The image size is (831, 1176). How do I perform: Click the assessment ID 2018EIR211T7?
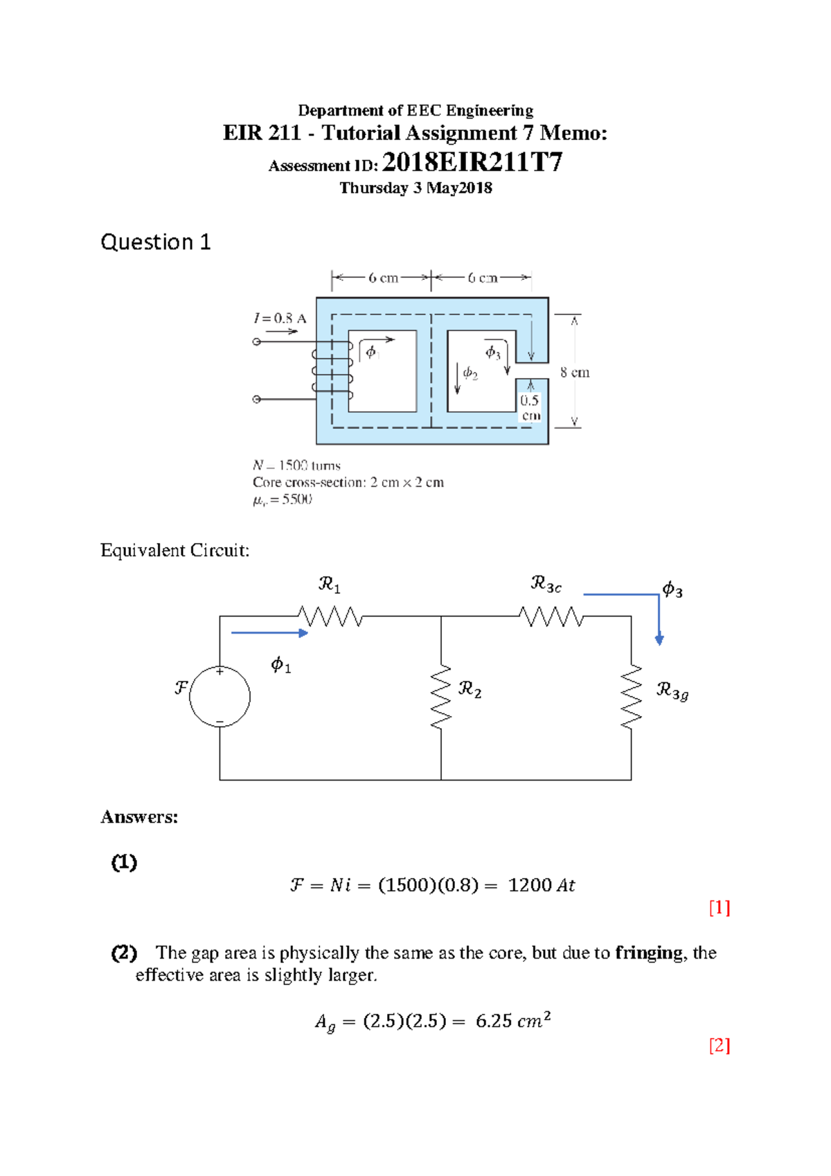click(472, 162)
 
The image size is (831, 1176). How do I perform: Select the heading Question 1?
click(155, 242)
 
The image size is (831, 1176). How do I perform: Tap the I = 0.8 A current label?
click(280, 318)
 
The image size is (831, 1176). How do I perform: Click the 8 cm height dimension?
click(574, 372)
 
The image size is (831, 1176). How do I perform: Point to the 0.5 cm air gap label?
click(530, 407)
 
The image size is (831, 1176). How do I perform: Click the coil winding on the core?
click(332, 371)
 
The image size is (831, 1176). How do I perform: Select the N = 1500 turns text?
click(296, 465)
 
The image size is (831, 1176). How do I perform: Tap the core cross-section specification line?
click(348, 482)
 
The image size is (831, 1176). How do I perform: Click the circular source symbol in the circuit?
click(220, 696)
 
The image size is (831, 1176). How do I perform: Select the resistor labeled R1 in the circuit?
click(330, 616)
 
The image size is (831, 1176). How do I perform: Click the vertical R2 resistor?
click(441, 697)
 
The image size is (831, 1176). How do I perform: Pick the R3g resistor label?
click(672, 691)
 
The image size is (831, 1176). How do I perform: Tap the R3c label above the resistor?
click(546, 585)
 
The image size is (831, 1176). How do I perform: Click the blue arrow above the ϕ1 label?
click(269, 632)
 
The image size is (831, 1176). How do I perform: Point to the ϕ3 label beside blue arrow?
click(672, 589)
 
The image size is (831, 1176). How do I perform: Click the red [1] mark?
click(719, 907)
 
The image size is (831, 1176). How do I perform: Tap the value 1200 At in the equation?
click(541, 885)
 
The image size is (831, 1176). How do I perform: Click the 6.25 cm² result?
click(512, 1021)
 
